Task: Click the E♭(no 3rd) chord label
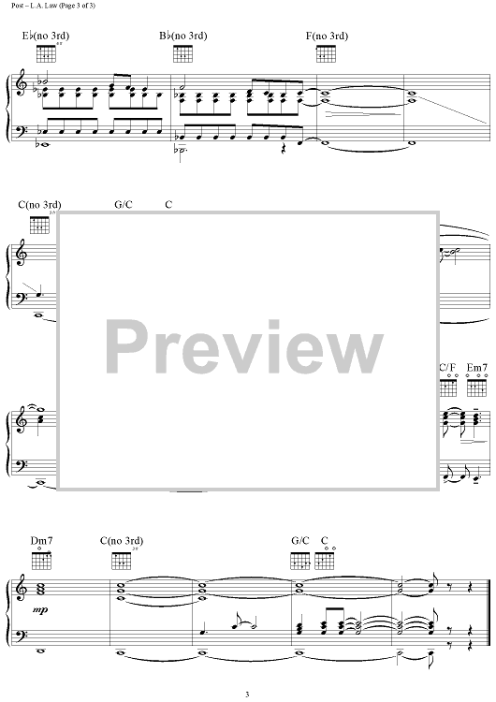tap(46, 36)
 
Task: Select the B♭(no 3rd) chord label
tap(183, 36)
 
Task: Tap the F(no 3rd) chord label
tap(327, 36)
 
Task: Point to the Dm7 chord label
tap(41, 540)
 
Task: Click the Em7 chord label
tap(476, 368)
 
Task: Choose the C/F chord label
tap(447, 368)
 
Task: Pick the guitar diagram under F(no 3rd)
tap(327, 53)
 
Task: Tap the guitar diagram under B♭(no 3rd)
tap(182, 53)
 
